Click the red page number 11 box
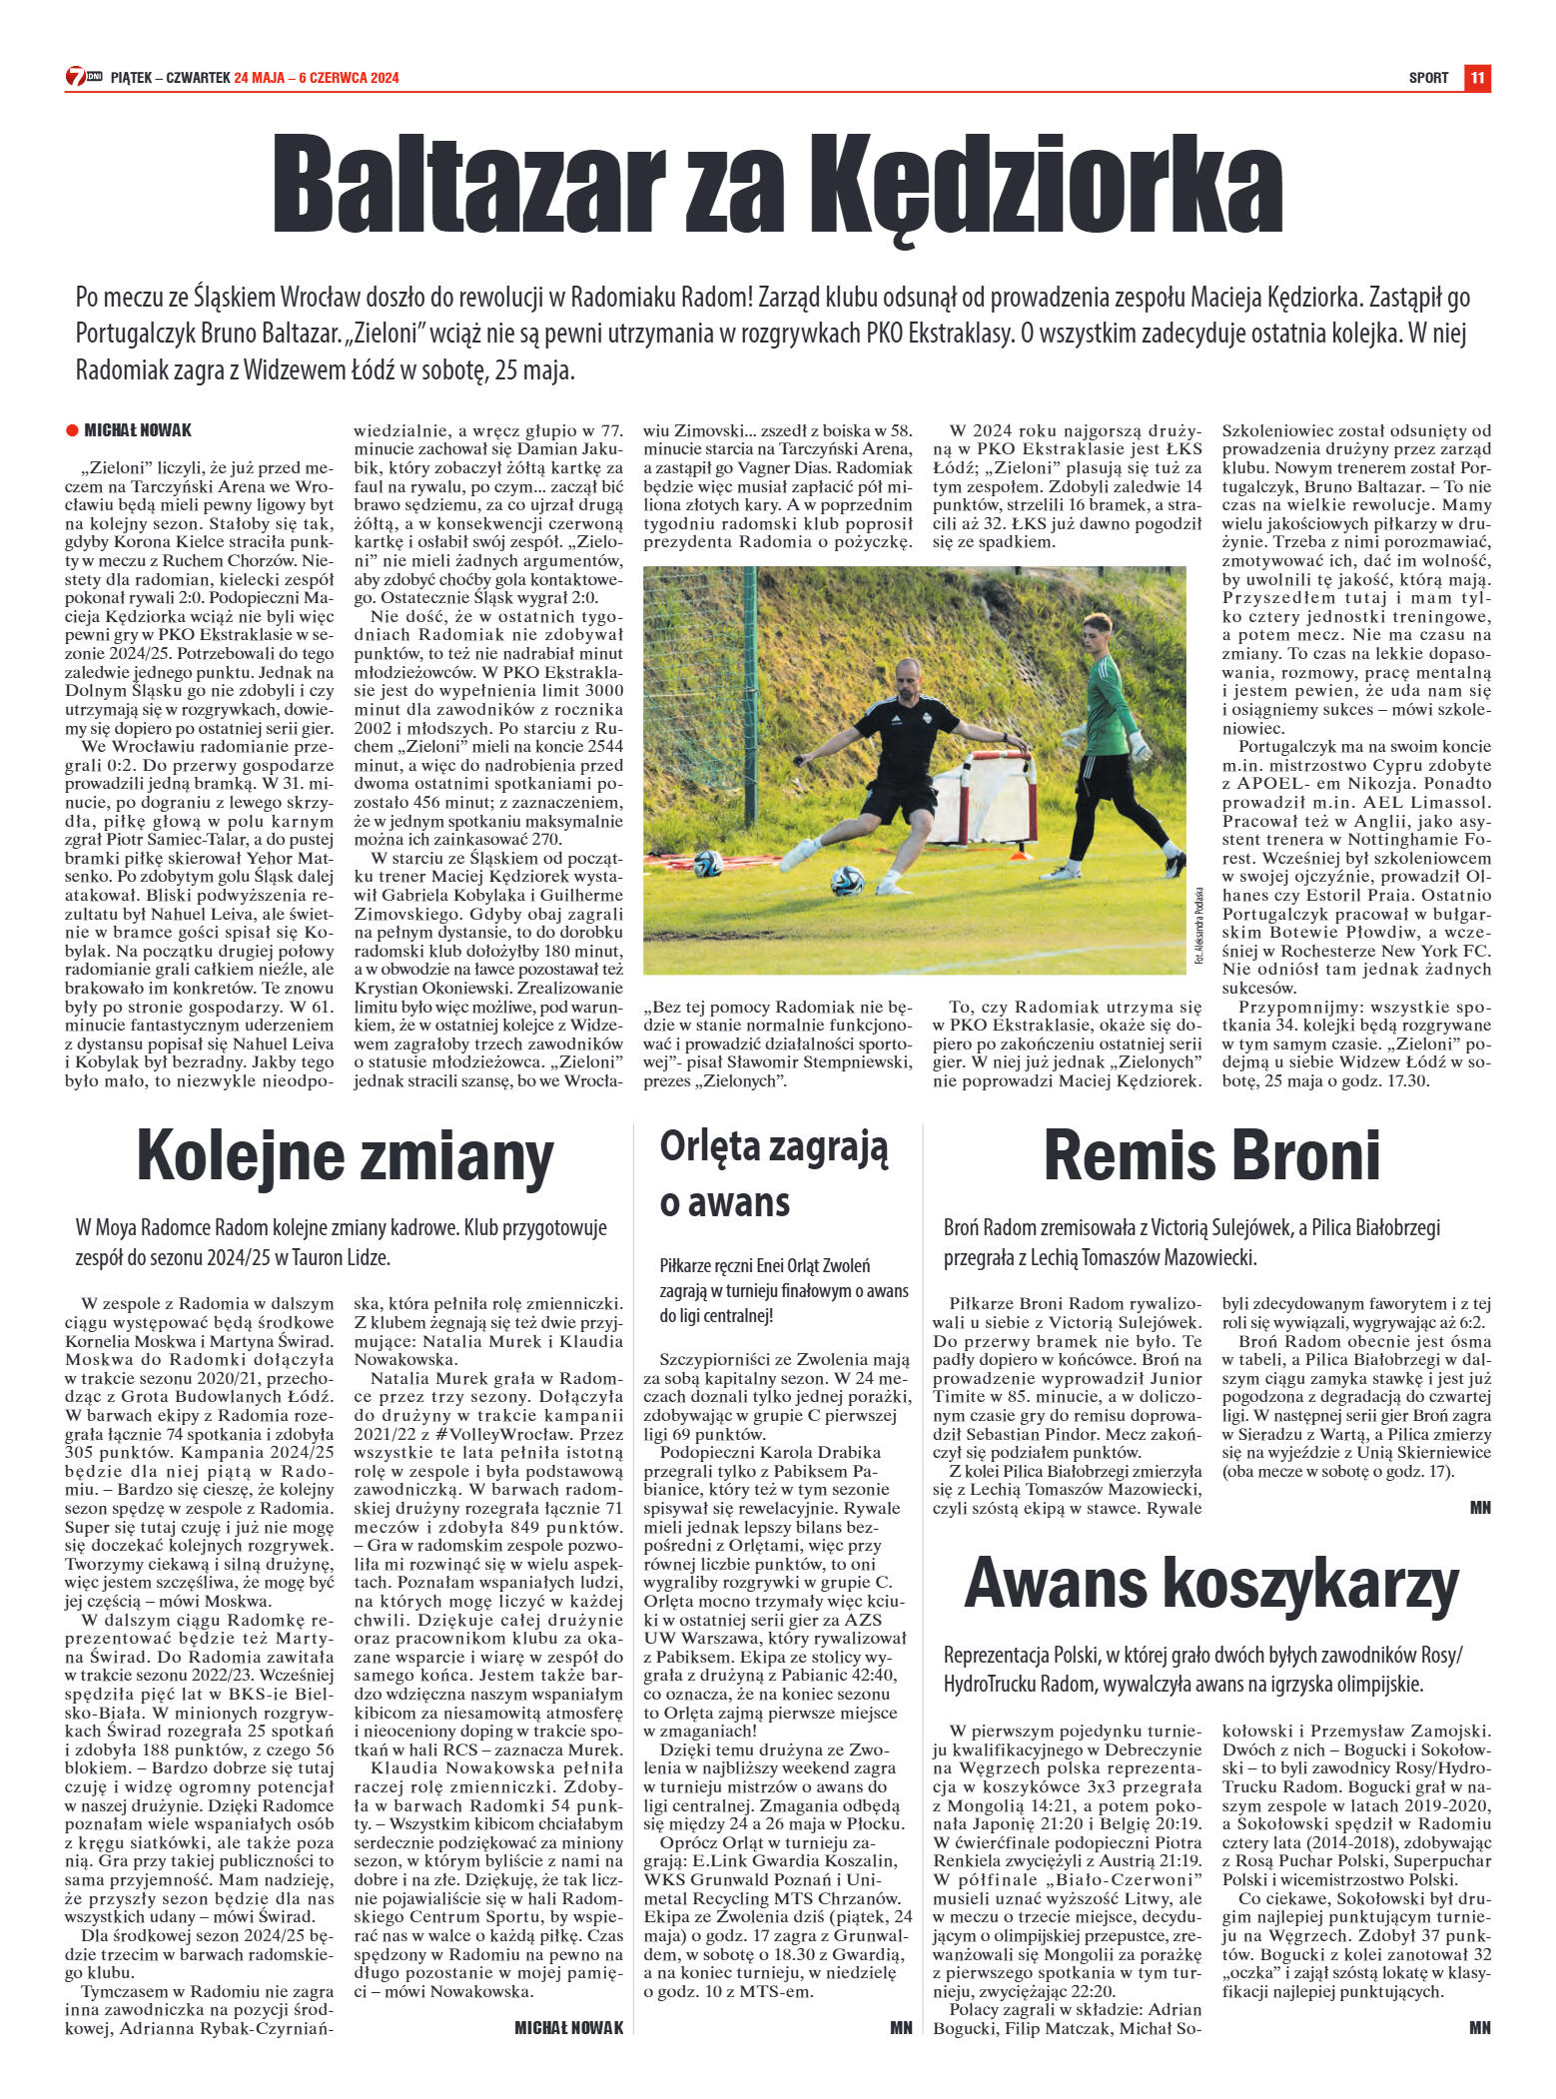click(x=1477, y=77)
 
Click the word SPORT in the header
click(x=1428, y=78)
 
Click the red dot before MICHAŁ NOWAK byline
click(x=72, y=430)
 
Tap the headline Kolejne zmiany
click(x=345, y=1156)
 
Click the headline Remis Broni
click(x=1211, y=1156)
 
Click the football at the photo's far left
click(x=707, y=862)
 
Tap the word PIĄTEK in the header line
click(x=130, y=78)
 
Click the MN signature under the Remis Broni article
click(x=1480, y=1508)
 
